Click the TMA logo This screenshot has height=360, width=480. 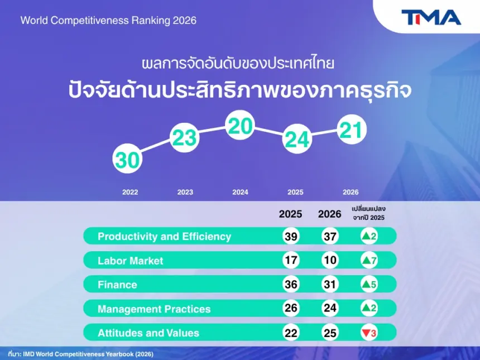click(x=431, y=17)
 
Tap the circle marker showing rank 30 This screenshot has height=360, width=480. click(x=127, y=159)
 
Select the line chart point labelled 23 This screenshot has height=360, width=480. click(x=185, y=137)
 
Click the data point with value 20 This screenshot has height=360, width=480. click(x=240, y=125)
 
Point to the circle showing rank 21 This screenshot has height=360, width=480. click(x=352, y=129)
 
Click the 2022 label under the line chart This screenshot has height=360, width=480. click(x=130, y=192)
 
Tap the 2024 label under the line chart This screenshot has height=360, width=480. click(x=240, y=192)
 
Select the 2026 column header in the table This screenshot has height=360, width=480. click(x=329, y=214)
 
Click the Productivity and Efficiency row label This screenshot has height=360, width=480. click(x=165, y=237)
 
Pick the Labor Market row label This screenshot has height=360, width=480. click(x=131, y=261)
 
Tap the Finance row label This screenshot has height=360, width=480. click(x=117, y=285)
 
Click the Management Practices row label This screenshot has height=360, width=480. click(x=154, y=309)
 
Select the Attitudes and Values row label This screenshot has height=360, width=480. click(x=148, y=333)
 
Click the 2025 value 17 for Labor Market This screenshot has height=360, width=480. click(x=291, y=260)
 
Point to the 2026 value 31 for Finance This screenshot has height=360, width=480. click(x=330, y=285)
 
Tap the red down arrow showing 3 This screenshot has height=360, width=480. click(x=369, y=333)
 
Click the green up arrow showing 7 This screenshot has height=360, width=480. click(x=369, y=260)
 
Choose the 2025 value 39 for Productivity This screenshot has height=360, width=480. click(x=291, y=236)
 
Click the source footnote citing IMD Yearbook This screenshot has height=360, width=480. click(x=81, y=354)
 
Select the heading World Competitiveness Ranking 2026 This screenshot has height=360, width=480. click(x=108, y=21)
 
